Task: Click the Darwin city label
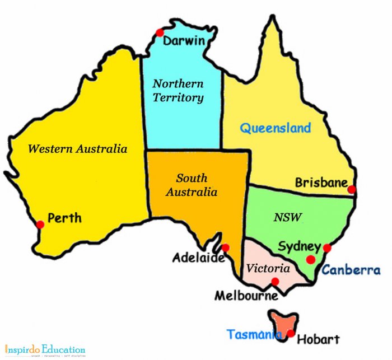183,41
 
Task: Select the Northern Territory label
179,91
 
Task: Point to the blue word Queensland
276,128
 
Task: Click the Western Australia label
77,149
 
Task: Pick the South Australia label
192,185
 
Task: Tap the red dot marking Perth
40,225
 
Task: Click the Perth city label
64,217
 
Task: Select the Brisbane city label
321,183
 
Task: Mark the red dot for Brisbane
352,189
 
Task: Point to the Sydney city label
299,246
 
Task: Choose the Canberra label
351,270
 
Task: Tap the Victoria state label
268,268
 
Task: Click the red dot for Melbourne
275,282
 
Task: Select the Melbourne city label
246,295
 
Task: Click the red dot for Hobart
291,334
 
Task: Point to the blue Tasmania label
253,334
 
